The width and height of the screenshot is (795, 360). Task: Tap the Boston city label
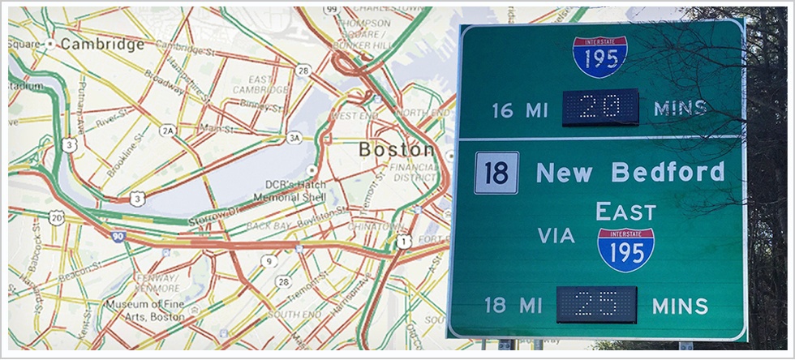pos(396,150)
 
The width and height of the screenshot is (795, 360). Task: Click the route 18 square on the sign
pos(496,173)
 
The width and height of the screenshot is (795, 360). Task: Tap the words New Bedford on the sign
pos(630,172)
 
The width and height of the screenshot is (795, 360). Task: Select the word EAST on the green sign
pos(625,212)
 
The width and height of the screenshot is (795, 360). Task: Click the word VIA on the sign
pos(556,236)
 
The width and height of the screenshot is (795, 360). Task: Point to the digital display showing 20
pos(601,108)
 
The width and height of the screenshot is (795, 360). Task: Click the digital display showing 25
pos(596,305)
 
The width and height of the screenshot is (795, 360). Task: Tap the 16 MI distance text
pos(520,109)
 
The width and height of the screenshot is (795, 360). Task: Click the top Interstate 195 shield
pos(599,56)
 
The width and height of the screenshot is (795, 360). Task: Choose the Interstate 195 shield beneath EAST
pos(625,248)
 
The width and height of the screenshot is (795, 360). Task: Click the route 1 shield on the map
pos(403,241)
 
